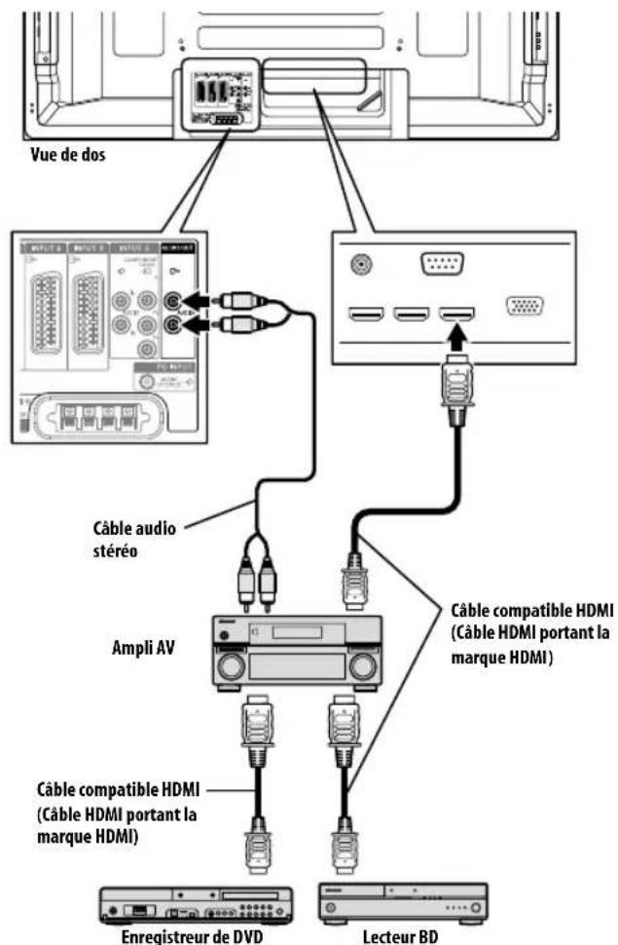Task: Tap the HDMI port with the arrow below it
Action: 455,314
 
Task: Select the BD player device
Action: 403,903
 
